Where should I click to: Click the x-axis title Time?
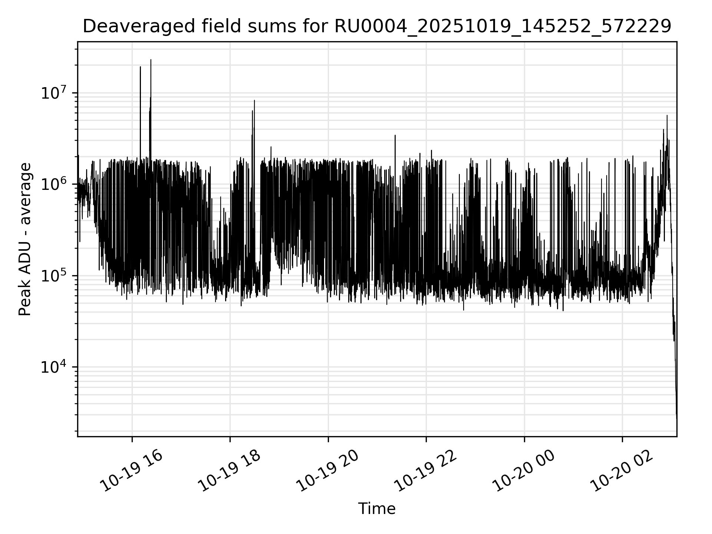[x=377, y=509]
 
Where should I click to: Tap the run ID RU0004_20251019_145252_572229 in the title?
[x=503, y=27]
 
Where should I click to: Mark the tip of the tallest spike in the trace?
[x=151, y=60]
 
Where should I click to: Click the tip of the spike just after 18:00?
[x=254, y=100]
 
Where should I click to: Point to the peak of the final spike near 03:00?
[x=667, y=115]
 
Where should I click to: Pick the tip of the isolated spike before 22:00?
[x=395, y=135]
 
